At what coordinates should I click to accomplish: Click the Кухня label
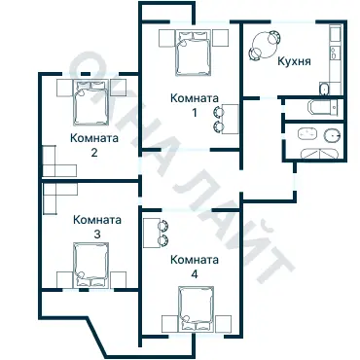tap(294, 60)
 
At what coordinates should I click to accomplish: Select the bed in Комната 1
tap(191, 53)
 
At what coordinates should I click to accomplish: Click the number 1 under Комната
tap(194, 112)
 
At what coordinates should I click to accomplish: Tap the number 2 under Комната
tap(94, 153)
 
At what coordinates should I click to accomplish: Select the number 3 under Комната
tap(95, 235)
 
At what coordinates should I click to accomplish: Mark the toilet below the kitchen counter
tap(323, 90)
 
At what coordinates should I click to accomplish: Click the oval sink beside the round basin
tap(307, 132)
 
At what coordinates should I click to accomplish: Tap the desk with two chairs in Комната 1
tap(225, 118)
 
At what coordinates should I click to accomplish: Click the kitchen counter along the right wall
tap(335, 58)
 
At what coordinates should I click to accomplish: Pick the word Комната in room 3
tap(95, 221)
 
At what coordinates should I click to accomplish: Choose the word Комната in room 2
tap(94, 138)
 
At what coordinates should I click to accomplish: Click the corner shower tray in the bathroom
tap(320, 153)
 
